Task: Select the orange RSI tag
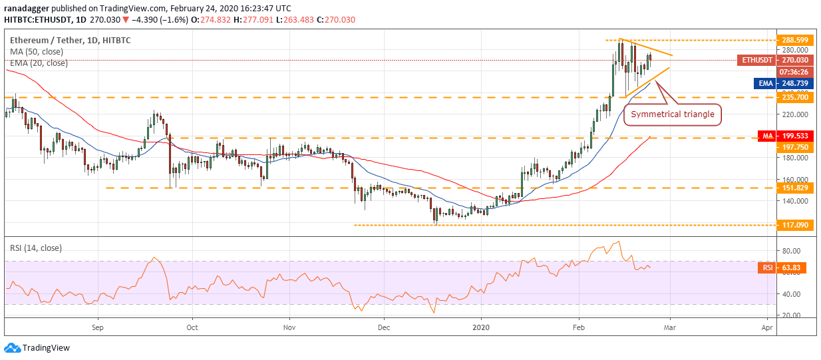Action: pos(767,268)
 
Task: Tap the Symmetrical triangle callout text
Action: pos(673,114)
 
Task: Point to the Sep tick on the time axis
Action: pos(98,327)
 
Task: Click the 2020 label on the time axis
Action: pos(481,327)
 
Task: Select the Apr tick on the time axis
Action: pos(767,327)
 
